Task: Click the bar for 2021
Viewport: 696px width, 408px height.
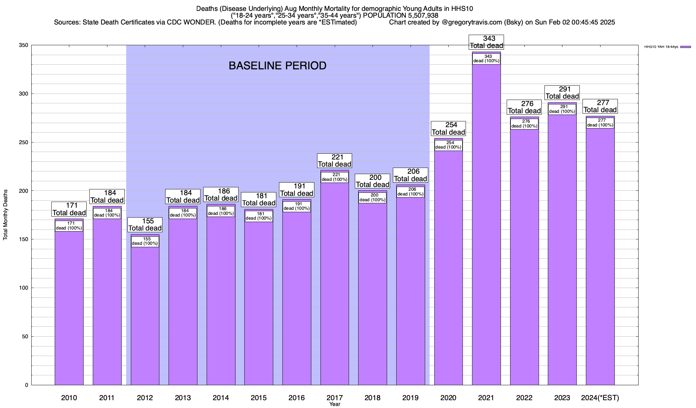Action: coord(486,238)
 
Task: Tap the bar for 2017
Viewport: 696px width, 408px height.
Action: coord(335,289)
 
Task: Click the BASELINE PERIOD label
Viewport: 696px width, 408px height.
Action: coord(277,66)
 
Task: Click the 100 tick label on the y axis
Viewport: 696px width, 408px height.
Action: coord(24,288)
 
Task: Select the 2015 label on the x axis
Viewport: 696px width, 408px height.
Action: coord(259,398)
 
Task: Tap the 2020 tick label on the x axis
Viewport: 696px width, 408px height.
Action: coord(448,398)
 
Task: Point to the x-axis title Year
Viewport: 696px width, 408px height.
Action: coord(335,404)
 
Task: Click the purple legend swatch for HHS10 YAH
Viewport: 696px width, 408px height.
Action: coord(685,47)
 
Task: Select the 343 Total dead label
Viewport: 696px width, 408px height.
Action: coord(486,42)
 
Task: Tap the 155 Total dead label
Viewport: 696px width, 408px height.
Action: coord(145,224)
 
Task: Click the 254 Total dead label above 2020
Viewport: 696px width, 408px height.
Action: coord(448,129)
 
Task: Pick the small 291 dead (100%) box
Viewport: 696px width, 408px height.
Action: coord(562,109)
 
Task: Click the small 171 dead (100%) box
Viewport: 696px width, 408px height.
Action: coord(69,226)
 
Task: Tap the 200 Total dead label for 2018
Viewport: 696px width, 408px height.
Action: coord(372,181)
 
